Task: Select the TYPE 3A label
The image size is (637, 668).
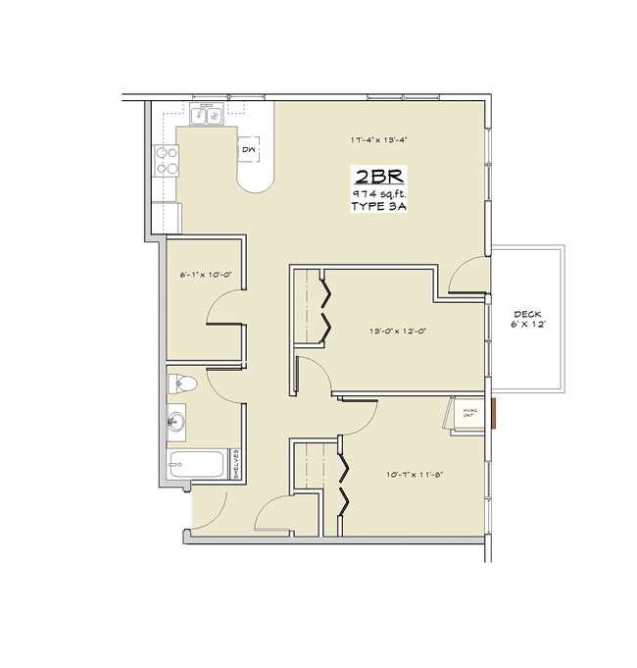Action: coord(378,209)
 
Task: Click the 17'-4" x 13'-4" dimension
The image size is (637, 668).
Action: coord(378,140)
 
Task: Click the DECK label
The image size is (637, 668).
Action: coord(527,315)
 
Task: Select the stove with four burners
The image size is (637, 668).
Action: coord(167,159)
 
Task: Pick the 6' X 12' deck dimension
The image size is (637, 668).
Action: coord(527,325)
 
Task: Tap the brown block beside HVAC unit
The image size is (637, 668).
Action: coord(496,413)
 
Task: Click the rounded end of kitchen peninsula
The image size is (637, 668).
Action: coord(257,182)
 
